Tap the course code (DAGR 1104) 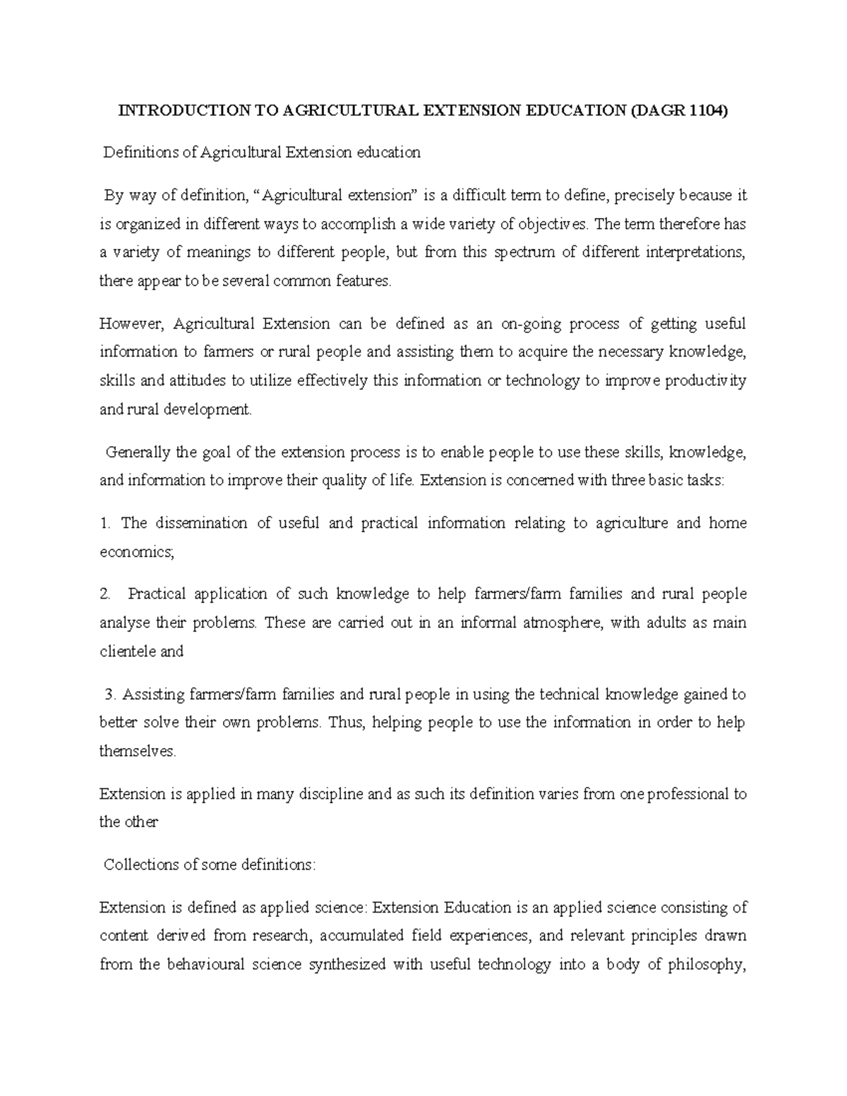(x=682, y=110)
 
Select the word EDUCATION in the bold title (x=573, y=110)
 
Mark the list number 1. (x=106, y=524)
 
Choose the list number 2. (x=106, y=595)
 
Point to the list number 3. (x=109, y=694)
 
